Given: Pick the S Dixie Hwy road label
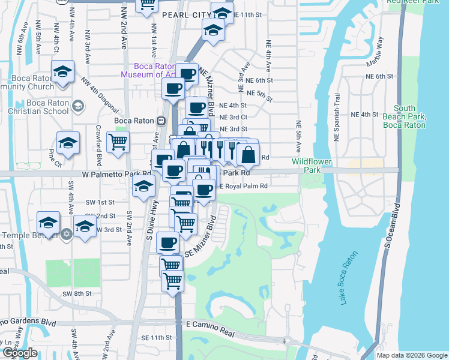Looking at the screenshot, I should coord(149,210).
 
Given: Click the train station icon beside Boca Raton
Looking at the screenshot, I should coord(161,120).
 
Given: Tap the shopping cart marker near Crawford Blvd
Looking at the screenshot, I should coord(118,142).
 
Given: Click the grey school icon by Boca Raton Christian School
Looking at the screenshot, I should coord(77,106).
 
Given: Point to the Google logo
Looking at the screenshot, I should coord(20,353).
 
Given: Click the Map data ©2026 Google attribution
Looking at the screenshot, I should coord(412,355).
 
